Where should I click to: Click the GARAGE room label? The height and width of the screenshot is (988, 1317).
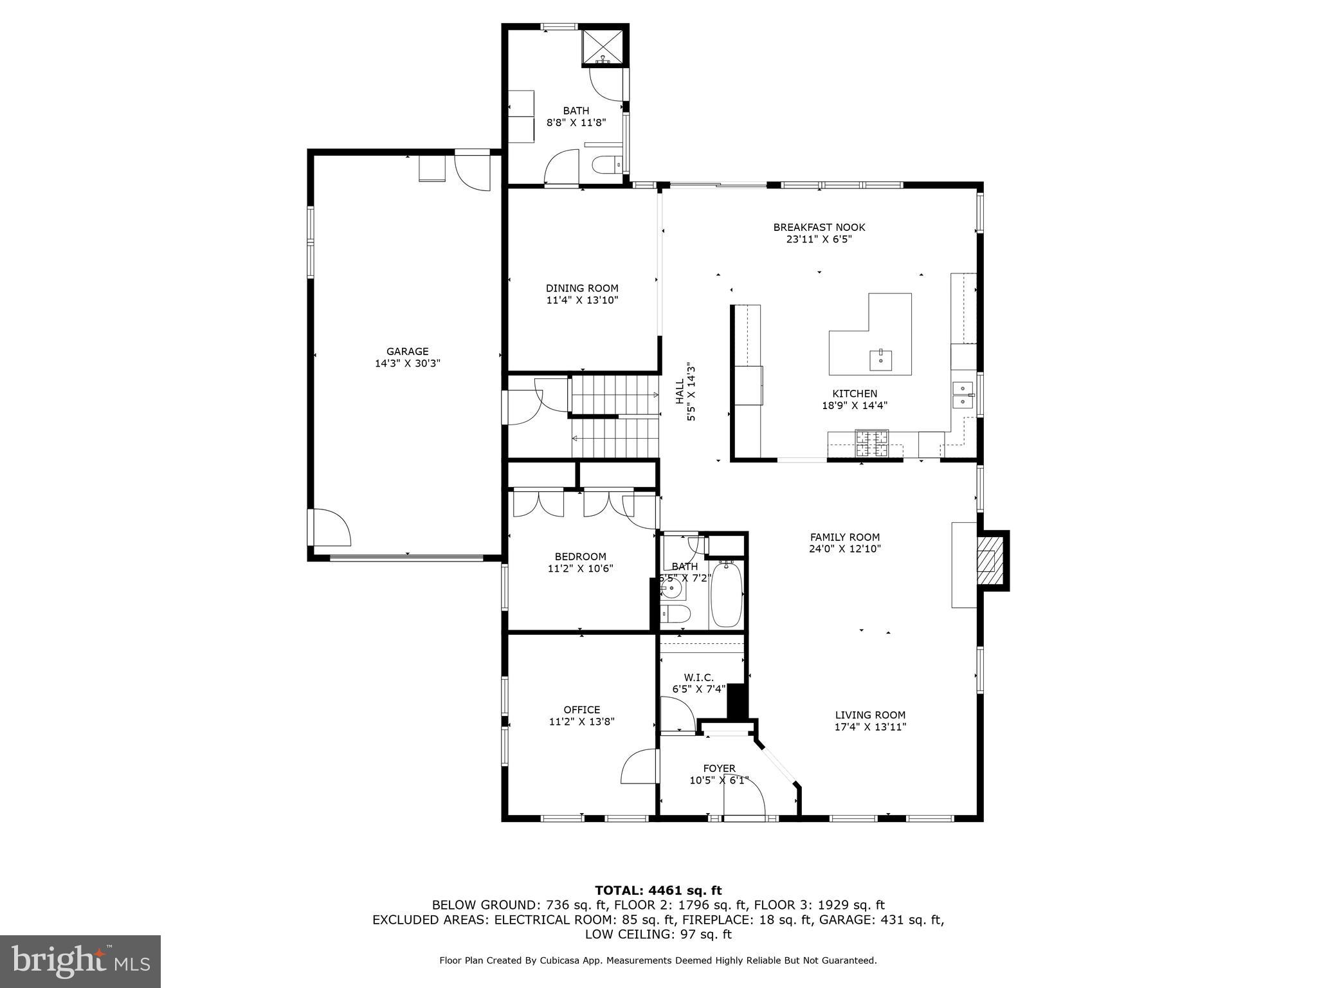click(x=407, y=351)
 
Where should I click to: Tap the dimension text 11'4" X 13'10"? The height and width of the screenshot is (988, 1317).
click(x=582, y=300)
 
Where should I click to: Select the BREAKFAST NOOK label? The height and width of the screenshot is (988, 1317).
click(x=819, y=227)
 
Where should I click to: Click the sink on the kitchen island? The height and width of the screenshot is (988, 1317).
click(x=880, y=360)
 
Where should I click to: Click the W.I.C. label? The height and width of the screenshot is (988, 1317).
click(x=698, y=677)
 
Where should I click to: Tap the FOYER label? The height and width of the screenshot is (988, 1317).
click(x=719, y=768)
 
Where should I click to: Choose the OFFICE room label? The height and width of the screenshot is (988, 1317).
click(x=582, y=709)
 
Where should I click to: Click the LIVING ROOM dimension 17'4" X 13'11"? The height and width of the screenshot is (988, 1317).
click(x=870, y=727)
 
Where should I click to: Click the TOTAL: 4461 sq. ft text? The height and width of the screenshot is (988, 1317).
click(x=658, y=890)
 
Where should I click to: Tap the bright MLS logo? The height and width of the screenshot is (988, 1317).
click(x=80, y=962)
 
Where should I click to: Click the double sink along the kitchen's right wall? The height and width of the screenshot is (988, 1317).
click(x=962, y=395)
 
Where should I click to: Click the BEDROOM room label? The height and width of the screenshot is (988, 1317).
click(x=580, y=556)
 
